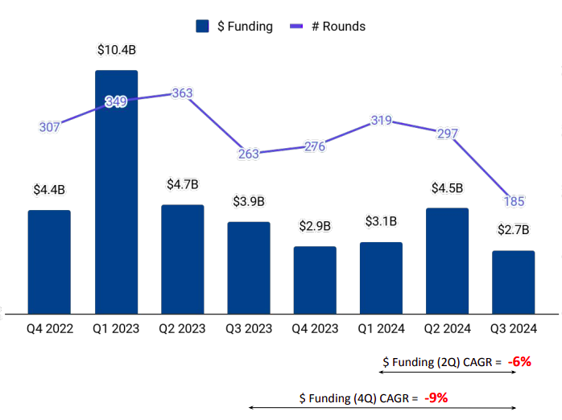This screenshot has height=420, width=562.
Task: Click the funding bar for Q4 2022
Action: coord(49,261)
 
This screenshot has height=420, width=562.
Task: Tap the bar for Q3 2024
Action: coord(513,282)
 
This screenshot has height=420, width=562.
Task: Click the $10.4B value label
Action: coord(116,50)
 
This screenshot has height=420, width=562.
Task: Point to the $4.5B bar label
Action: coord(447,188)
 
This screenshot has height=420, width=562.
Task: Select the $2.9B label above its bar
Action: coord(315,226)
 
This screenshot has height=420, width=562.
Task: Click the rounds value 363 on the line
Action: coord(182,93)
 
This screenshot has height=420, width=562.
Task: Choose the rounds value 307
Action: coord(49,127)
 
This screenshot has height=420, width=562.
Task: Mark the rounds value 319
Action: coord(381,121)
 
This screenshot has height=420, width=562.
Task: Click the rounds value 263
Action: coord(249,154)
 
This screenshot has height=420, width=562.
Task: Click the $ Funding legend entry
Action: coord(234,27)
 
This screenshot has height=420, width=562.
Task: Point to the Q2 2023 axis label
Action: coord(182,328)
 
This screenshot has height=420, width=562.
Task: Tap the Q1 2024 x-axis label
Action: coord(381,328)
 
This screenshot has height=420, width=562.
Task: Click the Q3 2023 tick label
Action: coord(249,328)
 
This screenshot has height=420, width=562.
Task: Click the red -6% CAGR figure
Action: coord(519,361)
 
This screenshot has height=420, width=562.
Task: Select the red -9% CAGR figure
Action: coord(436,397)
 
